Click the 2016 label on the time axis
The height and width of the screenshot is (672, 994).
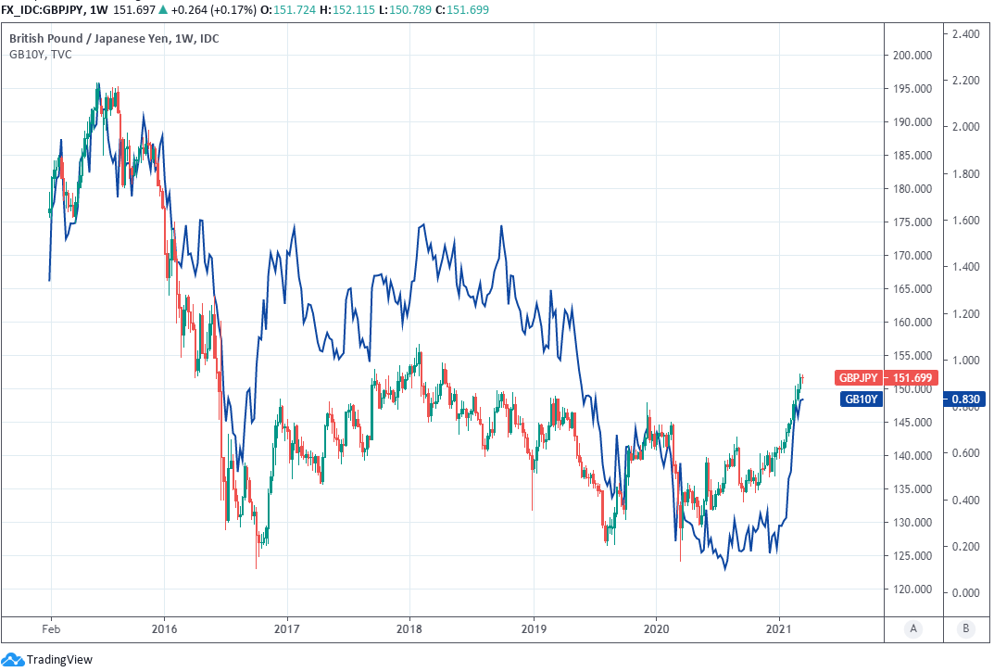tap(164, 629)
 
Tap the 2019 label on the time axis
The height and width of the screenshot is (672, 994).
tap(534, 629)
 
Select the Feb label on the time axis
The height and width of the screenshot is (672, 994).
tap(50, 629)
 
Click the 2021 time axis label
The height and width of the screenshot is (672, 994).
tap(779, 629)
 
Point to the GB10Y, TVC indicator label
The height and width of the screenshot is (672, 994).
tap(41, 55)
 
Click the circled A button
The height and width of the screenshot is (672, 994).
tap(913, 629)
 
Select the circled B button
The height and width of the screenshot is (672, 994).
tap(966, 629)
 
